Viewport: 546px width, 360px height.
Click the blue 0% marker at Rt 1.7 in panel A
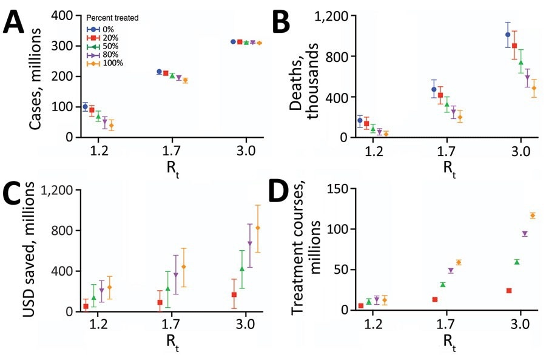pos(159,72)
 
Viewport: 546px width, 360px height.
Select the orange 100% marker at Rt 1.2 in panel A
pos(111,126)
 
